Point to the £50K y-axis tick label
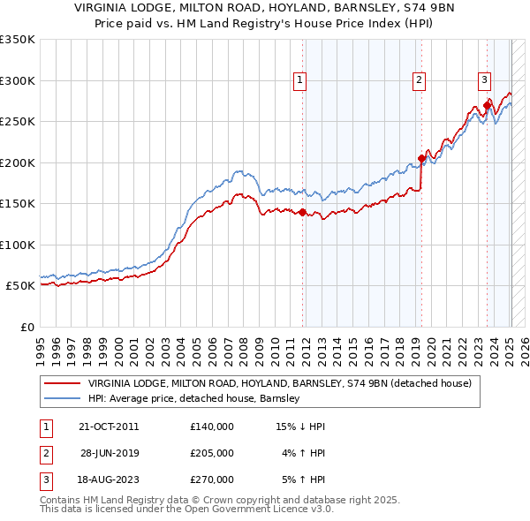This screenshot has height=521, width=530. click(19, 286)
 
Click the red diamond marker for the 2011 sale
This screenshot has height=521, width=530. click(302, 212)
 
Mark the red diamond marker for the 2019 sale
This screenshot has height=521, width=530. click(421, 159)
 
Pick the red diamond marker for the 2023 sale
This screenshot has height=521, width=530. click(487, 106)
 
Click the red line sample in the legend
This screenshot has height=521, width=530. click(62, 384)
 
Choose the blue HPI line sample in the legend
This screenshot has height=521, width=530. click(62, 399)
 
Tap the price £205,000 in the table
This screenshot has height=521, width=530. click(212, 453)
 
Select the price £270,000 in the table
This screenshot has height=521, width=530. click(212, 479)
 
